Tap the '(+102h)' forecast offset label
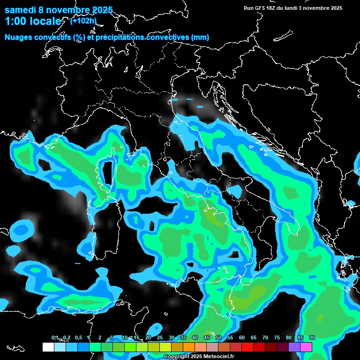(83, 21)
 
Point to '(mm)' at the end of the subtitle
(200, 37)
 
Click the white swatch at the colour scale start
(48, 347)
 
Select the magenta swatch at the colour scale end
(306, 347)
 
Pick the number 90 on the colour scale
(312, 337)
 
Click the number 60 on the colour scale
(242, 337)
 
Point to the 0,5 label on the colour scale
(78, 337)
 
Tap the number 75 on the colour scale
(277, 337)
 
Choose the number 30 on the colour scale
(172, 337)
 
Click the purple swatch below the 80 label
(294, 347)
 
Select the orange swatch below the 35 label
(189, 347)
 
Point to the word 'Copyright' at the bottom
(177, 356)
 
